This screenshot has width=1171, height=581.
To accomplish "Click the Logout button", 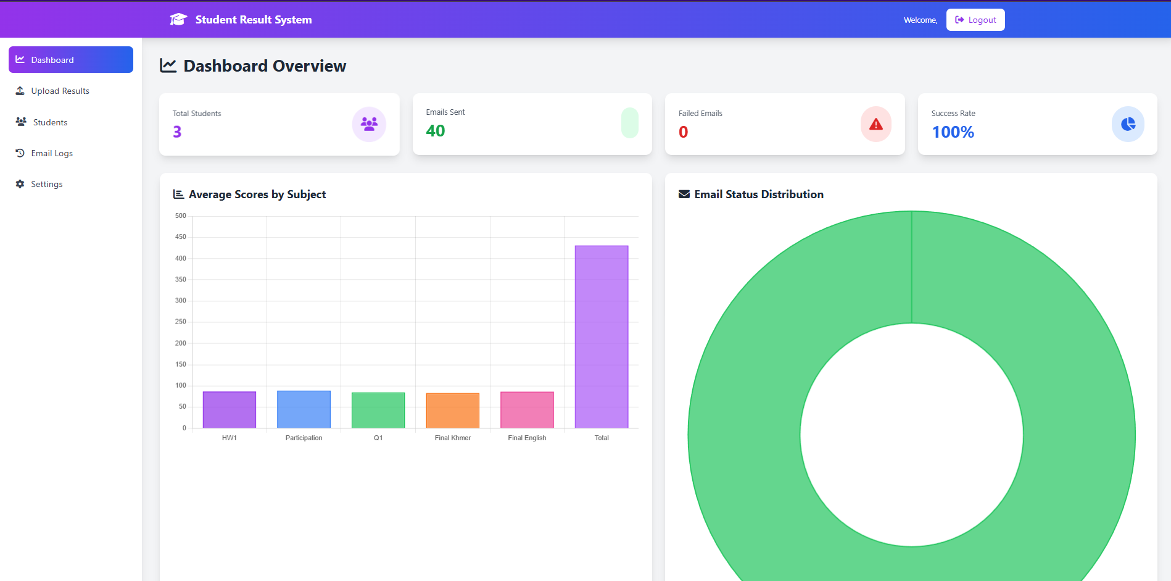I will (x=975, y=20).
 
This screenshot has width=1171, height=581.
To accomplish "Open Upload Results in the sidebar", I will (x=60, y=91).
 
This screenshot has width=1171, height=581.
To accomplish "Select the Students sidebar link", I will (x=50, y=122).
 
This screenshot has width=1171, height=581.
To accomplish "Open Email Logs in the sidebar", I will (x=52, y=153).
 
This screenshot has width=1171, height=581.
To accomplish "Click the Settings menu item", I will (x=46, y=184).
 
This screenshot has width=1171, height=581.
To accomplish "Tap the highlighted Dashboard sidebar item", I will (x=71, y=60).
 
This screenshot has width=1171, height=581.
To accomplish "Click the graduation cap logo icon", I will (x=178, y=20).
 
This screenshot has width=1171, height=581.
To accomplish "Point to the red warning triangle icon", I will (x=875, y=125).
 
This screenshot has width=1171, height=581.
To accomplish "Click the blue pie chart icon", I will (x=1128, y=124).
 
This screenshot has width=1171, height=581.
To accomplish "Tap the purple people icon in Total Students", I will (x=369, y=124).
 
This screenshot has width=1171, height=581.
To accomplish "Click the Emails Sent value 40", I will (x=435, y=131).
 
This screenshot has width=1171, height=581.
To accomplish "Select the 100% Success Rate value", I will (x=953, y=132).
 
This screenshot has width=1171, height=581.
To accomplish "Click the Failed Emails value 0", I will (x=683, y=132).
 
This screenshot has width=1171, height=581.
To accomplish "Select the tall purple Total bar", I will (x=602, y=336).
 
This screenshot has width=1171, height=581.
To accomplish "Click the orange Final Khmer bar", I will (x=453, y=411).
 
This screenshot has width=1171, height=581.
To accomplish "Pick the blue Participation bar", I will (x=304, y=409).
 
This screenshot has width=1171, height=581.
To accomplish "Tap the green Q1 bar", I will (x=378, y=410).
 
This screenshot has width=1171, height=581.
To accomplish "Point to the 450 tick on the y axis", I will (x=181, y=237).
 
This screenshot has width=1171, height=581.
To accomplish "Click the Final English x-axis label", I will (x=527, y=438).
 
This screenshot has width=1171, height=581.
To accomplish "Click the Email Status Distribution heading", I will (x=758, y=194).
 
